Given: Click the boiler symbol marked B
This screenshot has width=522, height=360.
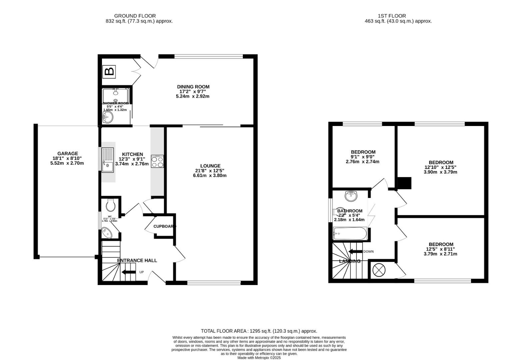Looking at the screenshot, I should pos(109,71).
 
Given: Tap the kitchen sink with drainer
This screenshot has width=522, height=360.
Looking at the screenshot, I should pos(108,160).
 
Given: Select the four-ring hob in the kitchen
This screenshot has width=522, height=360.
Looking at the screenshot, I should pos(158,161).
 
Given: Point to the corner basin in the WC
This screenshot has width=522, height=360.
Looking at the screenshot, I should pos(107,232).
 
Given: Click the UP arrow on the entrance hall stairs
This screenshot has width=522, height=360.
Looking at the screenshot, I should pos(129,272).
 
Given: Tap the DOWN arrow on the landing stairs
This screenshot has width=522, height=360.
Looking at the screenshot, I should pos(355,252).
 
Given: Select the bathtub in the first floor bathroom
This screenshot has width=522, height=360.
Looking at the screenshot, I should pos(350,233).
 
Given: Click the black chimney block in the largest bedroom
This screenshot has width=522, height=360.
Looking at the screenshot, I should pos(405,183).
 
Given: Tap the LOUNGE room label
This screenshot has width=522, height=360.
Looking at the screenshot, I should pos(210,166).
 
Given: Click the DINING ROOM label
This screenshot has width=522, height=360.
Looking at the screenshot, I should pos(193,87).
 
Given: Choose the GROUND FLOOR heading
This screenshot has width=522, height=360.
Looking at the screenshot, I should pos(135,16).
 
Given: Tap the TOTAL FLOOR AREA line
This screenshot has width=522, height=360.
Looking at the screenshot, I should pos(259,331).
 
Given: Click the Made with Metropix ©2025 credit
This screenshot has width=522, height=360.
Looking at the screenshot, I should pos(259,358).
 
